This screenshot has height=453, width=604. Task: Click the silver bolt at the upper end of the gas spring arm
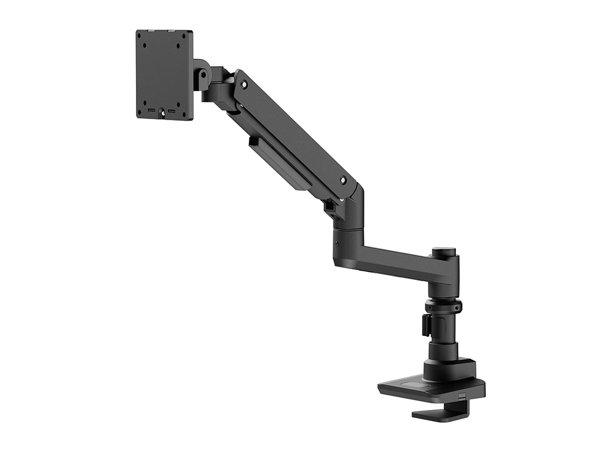(244, 84)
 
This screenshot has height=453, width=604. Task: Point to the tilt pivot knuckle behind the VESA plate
(202, 75)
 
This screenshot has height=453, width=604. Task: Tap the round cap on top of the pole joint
(443, 252)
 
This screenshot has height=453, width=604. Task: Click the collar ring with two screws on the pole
(443, 306)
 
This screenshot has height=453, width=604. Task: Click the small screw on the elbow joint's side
(337, 243)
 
